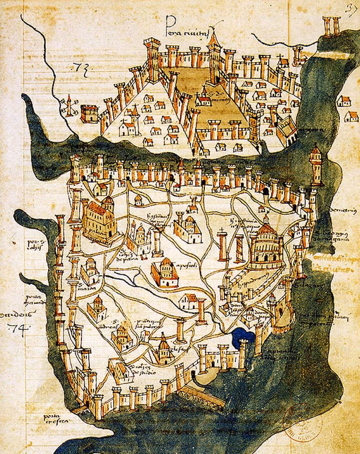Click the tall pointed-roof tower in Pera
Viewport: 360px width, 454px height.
pos(214,50)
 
